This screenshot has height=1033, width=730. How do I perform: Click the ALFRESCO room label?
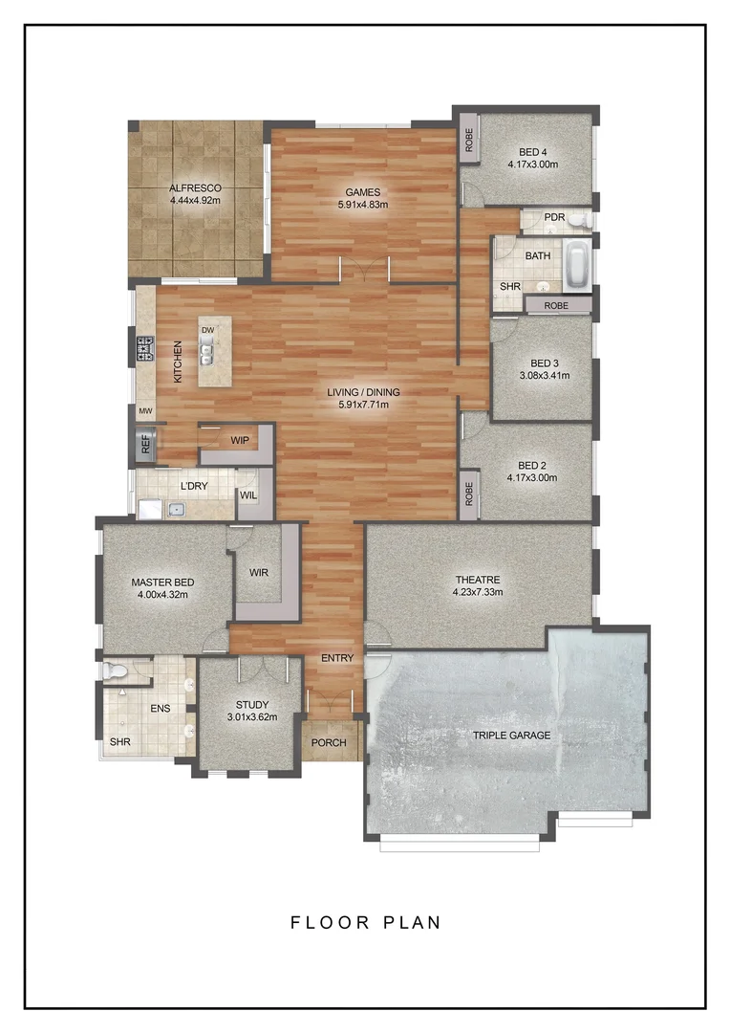(x=195, y=188)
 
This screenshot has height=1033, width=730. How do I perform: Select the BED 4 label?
(x=533, y=151)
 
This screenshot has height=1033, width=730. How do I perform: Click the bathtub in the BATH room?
(x=576, y=266)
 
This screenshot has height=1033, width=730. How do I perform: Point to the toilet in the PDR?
(x=580, y=219)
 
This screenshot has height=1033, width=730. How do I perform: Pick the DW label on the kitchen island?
(x=207, y=330)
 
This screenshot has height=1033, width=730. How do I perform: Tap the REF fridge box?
(x=145, y=443)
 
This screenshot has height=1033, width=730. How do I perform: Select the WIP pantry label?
(x=239, y=441)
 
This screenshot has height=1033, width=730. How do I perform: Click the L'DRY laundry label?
(x=195, y=486)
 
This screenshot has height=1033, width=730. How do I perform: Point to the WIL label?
(x=247, y=495)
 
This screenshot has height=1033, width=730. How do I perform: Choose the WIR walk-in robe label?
(x=258, y=572)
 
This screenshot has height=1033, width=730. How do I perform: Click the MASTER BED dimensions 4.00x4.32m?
(x=162, y=594)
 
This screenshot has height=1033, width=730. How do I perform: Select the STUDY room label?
(x=252, y=703)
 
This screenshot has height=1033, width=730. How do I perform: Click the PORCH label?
(x=330, y=743)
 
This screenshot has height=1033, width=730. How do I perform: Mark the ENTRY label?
(x=337, y=658)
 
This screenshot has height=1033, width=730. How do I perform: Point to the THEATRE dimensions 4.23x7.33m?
(x=478, y=592)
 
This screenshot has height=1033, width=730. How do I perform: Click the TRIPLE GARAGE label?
(x=511, y=735)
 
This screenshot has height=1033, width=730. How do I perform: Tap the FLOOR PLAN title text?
(x=366, y=923)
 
